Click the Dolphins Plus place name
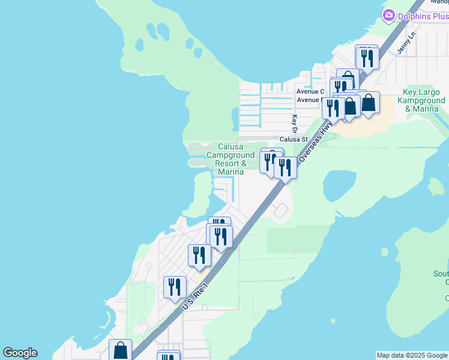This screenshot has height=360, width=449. (x=423, y=16)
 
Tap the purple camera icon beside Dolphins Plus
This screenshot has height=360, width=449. (x=389, y=15)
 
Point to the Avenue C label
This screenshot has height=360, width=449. (x=310, y=92)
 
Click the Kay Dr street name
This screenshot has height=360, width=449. (x=295, y=124)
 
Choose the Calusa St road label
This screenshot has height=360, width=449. (x=294, y=139)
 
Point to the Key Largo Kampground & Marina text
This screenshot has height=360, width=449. (x=424, y=100)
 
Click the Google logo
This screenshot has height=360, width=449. (x=20, y=353)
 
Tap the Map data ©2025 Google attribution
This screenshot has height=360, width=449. (x=412, y=355)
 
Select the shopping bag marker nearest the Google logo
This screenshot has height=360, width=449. (x=121, y=350)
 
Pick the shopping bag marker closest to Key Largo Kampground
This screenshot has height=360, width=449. (x=368, y=103)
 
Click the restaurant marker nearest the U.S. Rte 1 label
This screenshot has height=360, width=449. (x=175, y=287)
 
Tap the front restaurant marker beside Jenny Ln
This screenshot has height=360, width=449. (x=366, y=58)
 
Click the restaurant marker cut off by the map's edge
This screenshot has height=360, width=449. (x=169, y=356)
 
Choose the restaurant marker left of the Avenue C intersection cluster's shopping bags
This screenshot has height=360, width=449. (x=333, y=107)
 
